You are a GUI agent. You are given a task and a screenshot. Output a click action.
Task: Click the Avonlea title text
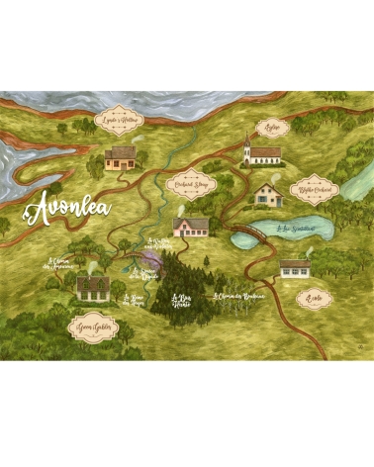point(68,208)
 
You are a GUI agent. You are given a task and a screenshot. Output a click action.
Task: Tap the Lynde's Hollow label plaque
point(120,123)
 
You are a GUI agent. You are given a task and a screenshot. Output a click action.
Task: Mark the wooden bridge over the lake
point(252,233)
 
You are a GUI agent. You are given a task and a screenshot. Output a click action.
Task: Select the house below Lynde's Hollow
point(121,156)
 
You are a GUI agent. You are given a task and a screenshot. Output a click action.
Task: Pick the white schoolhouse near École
point(295,267)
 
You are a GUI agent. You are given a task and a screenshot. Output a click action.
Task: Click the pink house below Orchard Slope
point(190,226)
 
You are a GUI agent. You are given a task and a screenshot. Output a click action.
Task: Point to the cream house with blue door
point(267,194)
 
